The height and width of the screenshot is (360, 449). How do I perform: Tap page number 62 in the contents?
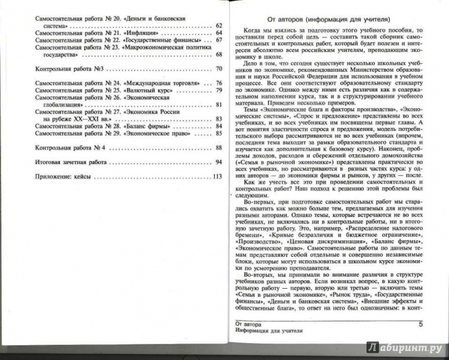219,26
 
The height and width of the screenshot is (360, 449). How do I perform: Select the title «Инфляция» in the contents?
138,33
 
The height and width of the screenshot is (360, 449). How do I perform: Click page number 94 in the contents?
219,161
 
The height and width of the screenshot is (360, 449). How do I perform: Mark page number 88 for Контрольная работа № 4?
219,147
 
